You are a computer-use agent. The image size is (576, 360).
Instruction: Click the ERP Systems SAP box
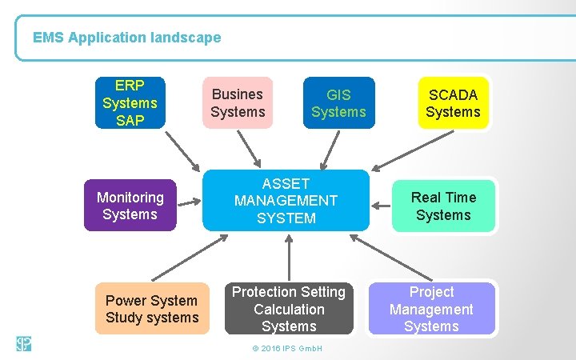[130, 102]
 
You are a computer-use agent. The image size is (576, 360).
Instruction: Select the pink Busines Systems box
[237, 103]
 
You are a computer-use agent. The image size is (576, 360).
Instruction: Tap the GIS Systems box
[338, 103]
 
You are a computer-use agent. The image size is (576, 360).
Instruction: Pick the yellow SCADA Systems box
[453, 103]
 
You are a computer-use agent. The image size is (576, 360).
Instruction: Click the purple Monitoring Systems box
[130, 206]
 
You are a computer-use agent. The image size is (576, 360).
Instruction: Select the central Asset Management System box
[286, 201]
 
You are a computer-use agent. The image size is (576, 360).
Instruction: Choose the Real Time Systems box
[443, 206]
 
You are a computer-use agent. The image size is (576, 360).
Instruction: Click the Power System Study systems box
[152, 309]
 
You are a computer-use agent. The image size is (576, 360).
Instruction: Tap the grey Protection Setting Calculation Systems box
[289, 309]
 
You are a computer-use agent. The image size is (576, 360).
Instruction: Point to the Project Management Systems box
[431, 309]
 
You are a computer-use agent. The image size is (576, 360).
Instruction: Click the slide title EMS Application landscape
[127, 38]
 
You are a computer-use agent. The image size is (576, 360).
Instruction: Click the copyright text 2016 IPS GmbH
[286, 349]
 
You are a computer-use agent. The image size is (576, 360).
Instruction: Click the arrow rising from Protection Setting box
[289, 258]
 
